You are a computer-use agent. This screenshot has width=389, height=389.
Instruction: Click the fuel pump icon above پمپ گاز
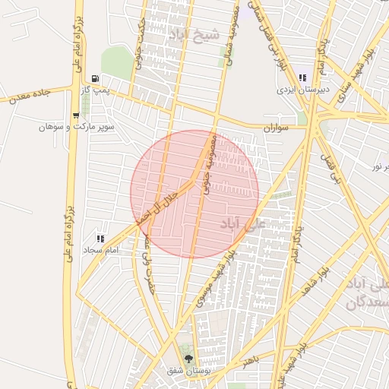(x=95, y=78)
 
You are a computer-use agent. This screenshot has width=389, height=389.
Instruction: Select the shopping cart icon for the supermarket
(x=75, y=115)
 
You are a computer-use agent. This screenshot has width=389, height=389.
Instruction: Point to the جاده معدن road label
(x=29, y=95)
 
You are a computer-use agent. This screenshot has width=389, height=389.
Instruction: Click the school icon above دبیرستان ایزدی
(x=302, y=77)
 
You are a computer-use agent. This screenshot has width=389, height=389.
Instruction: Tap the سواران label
(x=277, y=128)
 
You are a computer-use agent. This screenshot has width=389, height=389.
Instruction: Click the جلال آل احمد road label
(x=166, y=204)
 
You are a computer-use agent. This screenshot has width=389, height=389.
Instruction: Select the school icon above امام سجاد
(x=100, y=239)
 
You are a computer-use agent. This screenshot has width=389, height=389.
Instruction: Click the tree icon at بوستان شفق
(x=188, y=359)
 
